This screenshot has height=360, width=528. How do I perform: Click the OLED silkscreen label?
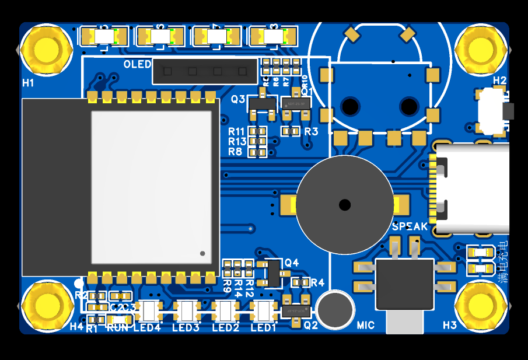(x=137, y=64)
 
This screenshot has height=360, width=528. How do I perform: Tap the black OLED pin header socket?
(x=204, y=71)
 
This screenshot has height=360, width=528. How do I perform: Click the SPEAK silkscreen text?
(x=410, y=226)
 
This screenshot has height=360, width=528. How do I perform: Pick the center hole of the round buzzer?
(x=345, y=205)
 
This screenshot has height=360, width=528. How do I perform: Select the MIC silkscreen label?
(x=366, y=325)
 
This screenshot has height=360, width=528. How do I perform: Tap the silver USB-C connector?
(x=473, y=188)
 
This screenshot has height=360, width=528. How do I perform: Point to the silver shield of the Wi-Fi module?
(x=151, y=187)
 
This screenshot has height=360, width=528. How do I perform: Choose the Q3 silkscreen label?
(x=238, y=99)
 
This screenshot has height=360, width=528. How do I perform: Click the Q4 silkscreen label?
(x=292, y=263)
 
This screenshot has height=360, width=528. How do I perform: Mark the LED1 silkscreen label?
(x=263, y=328)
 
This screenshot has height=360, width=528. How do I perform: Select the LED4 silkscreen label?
(x=147, y=328)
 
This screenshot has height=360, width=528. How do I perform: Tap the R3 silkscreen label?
(x=311, y=132)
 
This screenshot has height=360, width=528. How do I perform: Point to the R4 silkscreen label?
(x=317, y=283)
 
